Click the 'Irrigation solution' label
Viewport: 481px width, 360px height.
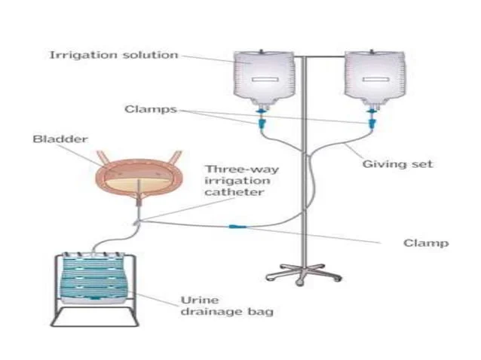(x=113, y=55)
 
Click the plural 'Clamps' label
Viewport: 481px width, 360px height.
(x=150, y=109)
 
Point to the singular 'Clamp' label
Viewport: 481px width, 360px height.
(x=426, y=243)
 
